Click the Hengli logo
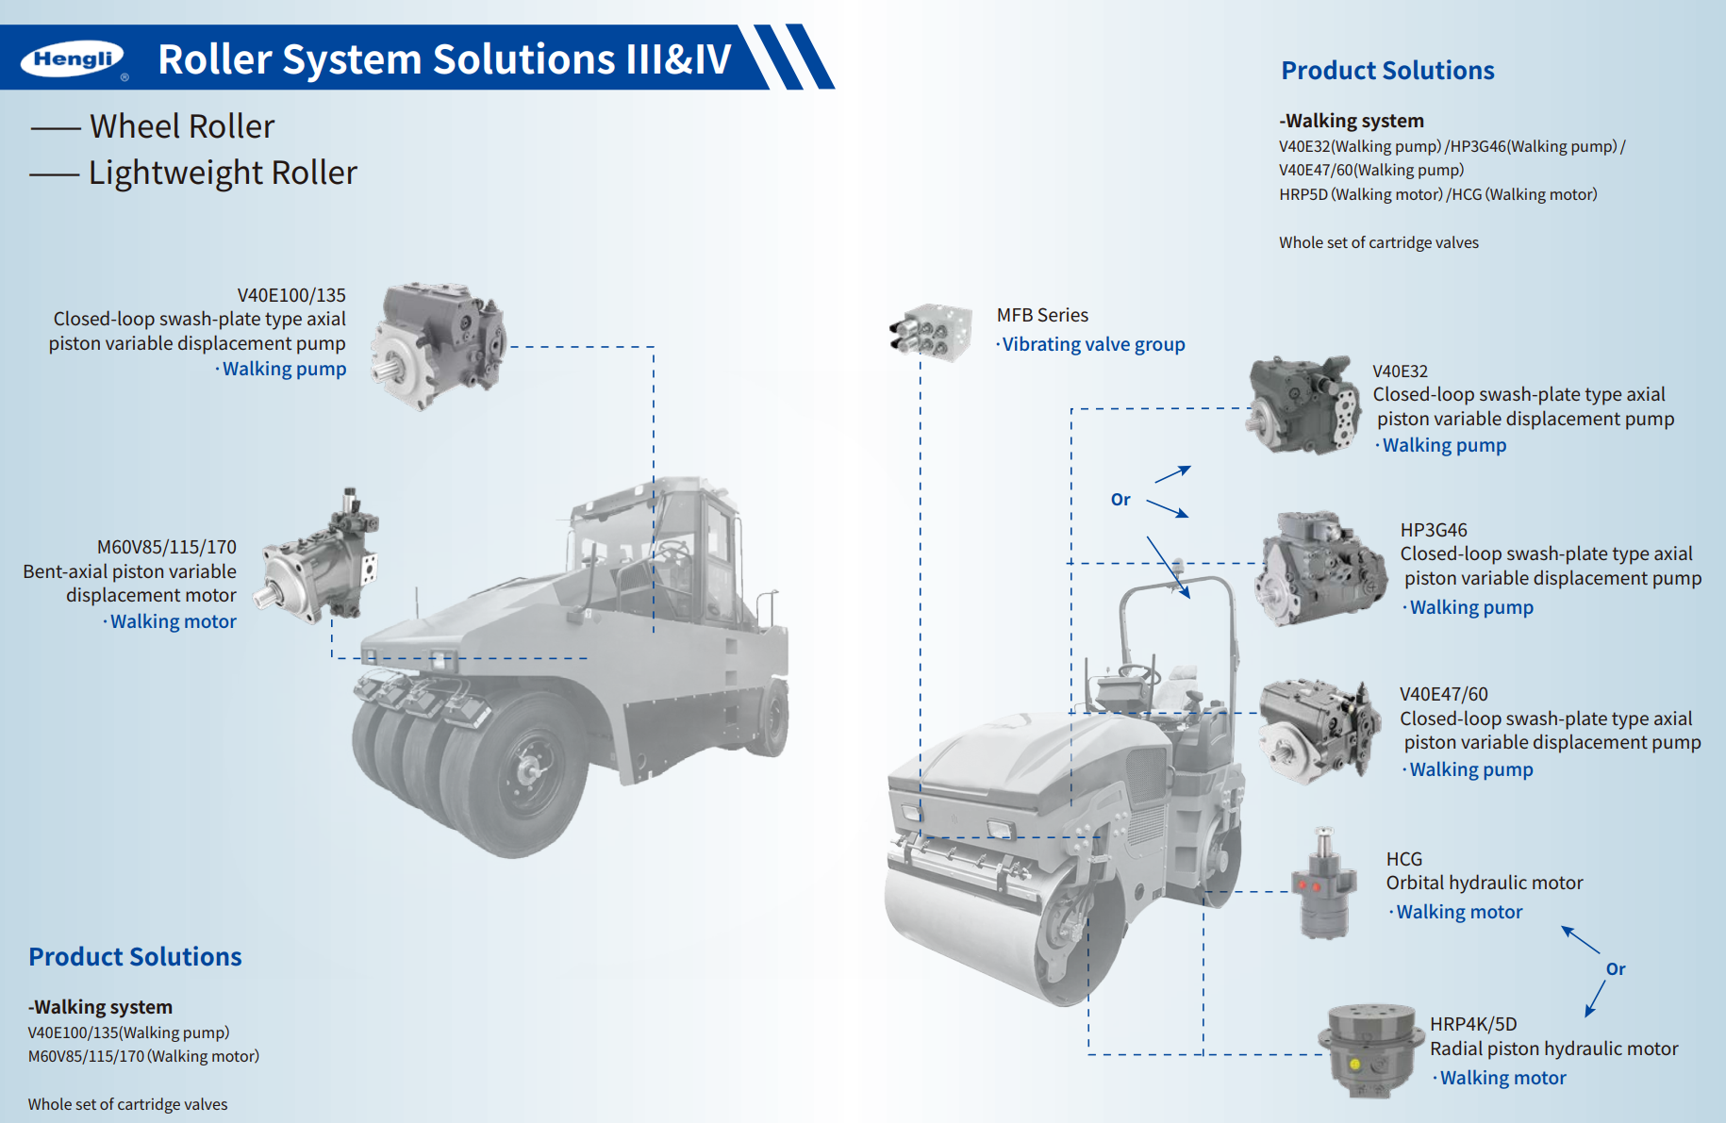[73, 59]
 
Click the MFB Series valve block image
[932, 332]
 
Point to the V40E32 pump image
[1304, 405]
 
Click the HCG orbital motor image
[1324, 884]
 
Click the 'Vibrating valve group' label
[1093, 344]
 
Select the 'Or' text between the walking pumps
[1120, 500]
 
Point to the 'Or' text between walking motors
[1616, 969]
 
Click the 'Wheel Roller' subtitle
[182, 126]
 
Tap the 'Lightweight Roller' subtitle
[223, 173]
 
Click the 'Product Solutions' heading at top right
[1387, 71]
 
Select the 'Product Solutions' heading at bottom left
[135, 957]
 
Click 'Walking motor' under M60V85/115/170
[174, 621]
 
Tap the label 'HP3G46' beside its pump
[1434, 530]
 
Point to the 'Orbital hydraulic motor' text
[1485, 883]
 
